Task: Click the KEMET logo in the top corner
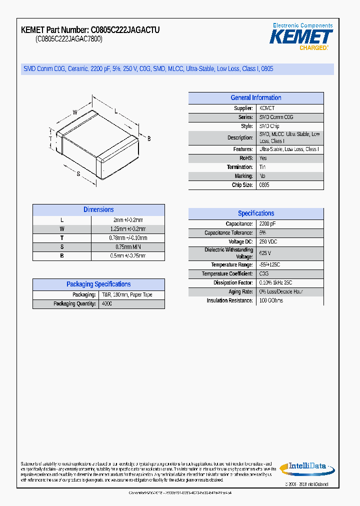coord(301,36)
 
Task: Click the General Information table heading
coord(255,98)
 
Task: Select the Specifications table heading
coord(255,213)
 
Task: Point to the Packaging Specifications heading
coord(98,284)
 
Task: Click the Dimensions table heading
coord(98,210)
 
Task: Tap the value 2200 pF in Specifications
coord(267,224)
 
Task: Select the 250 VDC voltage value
coord(268,242)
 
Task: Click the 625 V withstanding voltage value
coord(265,253)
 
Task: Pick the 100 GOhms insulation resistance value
coord(271,301)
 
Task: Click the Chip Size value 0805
coord(264,185)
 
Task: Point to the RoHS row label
coord(245,158)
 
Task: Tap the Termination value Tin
coord(262,167)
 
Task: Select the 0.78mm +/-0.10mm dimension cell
coord(128,238)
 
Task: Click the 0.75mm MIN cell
coord(128,247)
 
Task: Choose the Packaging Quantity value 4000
coord(107,304)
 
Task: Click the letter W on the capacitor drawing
coord(75,112)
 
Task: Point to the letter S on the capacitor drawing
coord(78,173)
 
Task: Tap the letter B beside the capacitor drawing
coord(148,138)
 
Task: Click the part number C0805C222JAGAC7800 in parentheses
coord(69,39)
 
